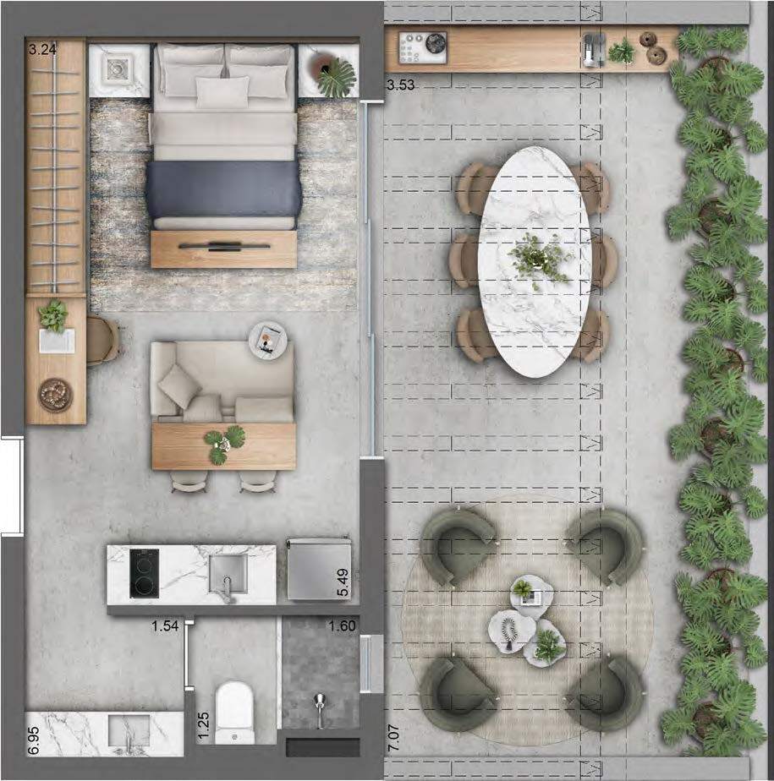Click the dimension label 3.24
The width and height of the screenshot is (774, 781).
pyautogui.click(x=42, y=49)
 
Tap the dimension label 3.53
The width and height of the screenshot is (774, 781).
pyautogui.click(x=401, y=85)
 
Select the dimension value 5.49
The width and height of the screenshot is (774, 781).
pyautogui.click(x=343, y=582)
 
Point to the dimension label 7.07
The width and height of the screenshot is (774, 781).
pyautogui.click(x=393, y=738)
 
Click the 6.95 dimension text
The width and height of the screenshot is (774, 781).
pyautogui.click(x=33, y=740)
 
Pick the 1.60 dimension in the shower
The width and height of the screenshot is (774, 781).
pyautogui.click(x=342, y=625)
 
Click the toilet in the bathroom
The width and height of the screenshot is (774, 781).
pyautogui.click(x=235, y=713)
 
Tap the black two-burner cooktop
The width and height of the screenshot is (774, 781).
pyautogui.click(x=145, y=573)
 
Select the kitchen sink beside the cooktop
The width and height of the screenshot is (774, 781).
pyautogui.click(x=228, y=574)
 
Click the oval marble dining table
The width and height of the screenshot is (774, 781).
pyautogui.click(x=535, y=261)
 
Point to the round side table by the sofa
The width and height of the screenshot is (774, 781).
pyautogui.click(x=268, y=339)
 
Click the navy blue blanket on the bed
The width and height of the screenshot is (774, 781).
pyautogui.click(x=224, y=189)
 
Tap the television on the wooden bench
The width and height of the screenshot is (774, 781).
pyautogui.click(x=224, y=246)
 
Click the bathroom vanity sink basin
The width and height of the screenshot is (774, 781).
pyautogui.click(x=129, y=732)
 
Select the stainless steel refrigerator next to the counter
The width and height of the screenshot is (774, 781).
pyautogui.click(x=319, y=569)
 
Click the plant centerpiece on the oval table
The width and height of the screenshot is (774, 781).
pyautogui.click(x=539, y=259)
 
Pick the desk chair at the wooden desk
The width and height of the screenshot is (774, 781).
pyautogui.click(x=103, y=341)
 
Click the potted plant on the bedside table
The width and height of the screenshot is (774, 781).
pyautogui.click(x=333, y=74)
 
